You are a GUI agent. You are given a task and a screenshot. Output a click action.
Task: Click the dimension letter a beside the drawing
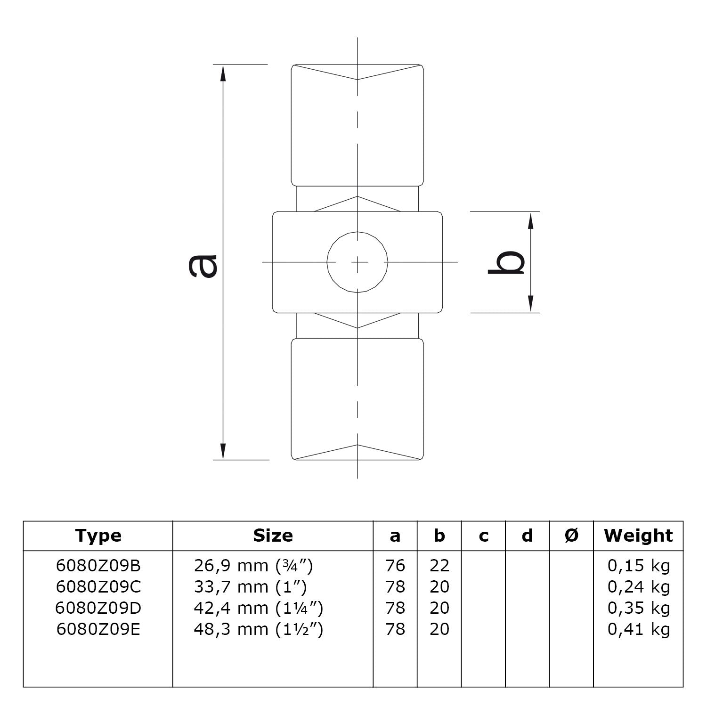(203, 266)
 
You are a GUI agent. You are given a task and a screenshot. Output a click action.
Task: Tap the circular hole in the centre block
(358, 262)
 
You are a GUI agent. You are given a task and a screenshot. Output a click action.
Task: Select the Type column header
(98, 536)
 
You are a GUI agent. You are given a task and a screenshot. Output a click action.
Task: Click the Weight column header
(638, 536)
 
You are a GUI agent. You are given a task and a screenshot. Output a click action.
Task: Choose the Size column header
(273, 536)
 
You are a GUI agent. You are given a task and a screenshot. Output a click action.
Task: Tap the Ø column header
(571, 536)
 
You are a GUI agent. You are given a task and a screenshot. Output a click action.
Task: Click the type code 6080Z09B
(98, 566)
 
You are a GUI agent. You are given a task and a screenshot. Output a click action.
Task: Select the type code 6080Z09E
(98, 629)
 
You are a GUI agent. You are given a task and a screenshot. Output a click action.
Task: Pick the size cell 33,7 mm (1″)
(250, 587)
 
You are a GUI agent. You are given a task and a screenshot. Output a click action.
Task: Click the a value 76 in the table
(395, 566)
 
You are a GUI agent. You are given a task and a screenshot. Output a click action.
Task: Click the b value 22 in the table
(439, 566)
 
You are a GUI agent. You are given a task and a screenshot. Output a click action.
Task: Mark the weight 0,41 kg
(638, 629)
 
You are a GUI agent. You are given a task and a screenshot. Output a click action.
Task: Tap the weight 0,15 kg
(638, 566)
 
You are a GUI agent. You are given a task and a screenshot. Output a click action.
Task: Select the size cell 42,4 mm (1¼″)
(258, 608)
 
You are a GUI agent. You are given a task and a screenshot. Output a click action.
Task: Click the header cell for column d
(527, 536)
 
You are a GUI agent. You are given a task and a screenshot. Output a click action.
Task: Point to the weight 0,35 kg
(638, 608)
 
